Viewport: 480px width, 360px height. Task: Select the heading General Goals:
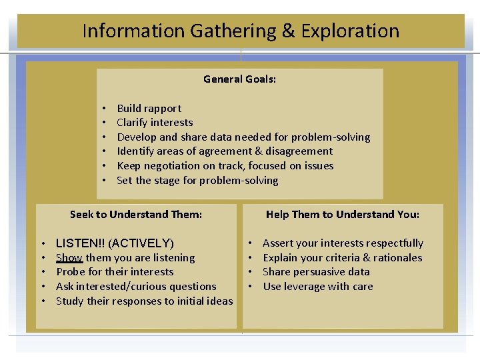[239, 79]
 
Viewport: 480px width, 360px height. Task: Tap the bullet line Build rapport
[149, 108]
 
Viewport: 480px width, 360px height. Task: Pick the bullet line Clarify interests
[155, 123]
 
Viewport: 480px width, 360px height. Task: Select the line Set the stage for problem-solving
[197, 181]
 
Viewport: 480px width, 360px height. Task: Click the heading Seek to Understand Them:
[136, 215]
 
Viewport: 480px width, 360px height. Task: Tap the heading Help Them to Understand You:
[343, 215]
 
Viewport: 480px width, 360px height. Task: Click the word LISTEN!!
[82, 243]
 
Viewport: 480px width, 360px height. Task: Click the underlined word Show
[69, 258]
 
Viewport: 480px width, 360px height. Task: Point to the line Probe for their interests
[115, 272]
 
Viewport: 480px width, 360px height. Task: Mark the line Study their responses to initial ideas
[145, 301]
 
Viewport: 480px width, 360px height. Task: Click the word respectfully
[391, 243]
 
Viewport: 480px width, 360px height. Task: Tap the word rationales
[397, 258]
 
